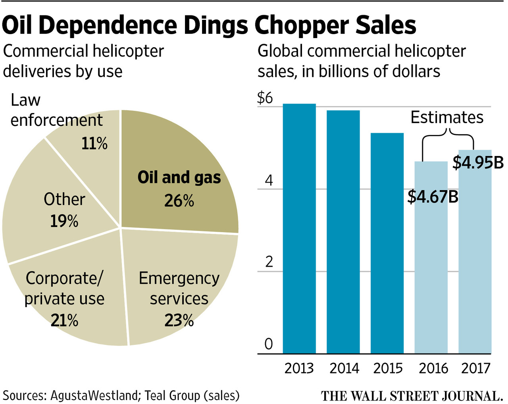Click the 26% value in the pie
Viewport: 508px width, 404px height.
(x=179, y=201)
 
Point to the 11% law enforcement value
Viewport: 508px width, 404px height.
(x=94, y=144)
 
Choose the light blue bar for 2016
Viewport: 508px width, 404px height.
(x=431, y=278)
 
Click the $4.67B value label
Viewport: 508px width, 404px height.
(x=433, y=196)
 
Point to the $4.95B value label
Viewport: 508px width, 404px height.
(x=478, y=163)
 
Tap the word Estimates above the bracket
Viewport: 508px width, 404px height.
(x=447, y=117)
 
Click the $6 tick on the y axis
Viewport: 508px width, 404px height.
(x=265, y=98)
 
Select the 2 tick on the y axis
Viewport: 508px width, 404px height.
(x=269, y=262)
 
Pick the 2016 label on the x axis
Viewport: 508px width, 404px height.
(x=433, y=368)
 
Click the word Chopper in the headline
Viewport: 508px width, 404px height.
(x=302, y=25)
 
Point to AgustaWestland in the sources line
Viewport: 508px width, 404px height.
(x=94, y=395)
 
